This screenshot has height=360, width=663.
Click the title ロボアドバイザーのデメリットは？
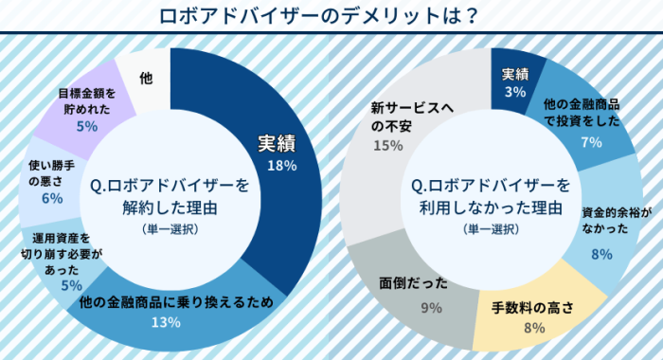coord(331,17)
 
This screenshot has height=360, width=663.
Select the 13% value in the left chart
coord(167,322)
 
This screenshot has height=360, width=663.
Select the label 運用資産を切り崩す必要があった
coord(61,253)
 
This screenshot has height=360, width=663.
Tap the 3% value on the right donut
coord(515,92)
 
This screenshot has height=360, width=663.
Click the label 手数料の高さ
coord(532,309)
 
